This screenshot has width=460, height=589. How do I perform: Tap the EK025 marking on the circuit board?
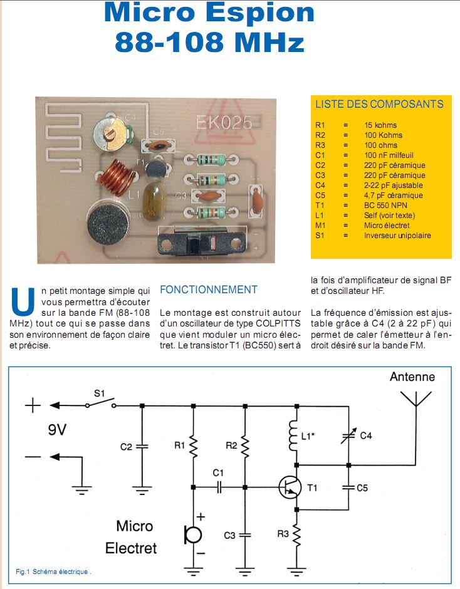pos(224,122)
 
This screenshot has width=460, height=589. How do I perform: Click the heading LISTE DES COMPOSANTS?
pos(379,105)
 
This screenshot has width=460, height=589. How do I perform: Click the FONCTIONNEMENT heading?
pos(209,289)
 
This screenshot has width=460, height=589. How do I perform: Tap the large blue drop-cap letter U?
pos(23,301)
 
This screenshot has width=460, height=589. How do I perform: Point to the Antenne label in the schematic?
pos(412,377)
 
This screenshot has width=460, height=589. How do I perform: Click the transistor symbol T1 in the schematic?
pos(290,487)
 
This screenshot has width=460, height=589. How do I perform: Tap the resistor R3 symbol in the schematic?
pos(297,536)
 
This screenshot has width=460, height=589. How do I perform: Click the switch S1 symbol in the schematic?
pos(101,404)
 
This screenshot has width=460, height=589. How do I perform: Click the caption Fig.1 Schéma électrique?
pos(54,571)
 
